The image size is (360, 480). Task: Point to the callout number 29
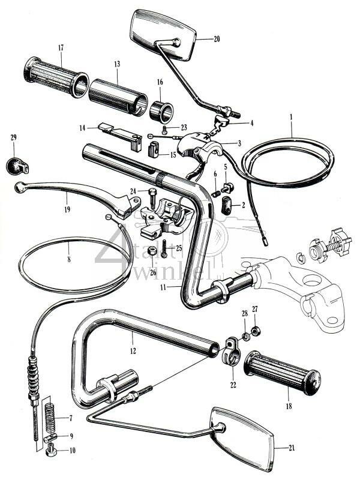[x=14, y=138]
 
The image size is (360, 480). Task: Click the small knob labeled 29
[x=14, y=163]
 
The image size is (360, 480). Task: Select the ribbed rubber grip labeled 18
[x=282, y=372]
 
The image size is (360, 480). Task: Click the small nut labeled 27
[x=256, y=331]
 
